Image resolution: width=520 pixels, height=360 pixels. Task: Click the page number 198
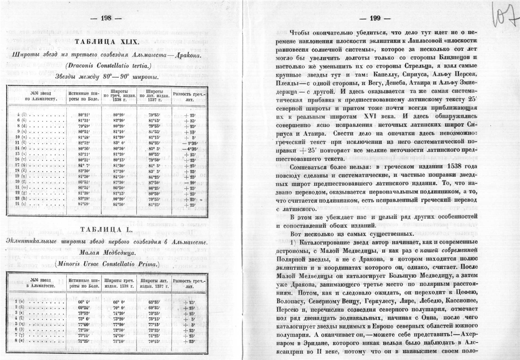pos(106,18)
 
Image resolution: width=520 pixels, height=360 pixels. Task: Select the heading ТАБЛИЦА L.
pos(106,229)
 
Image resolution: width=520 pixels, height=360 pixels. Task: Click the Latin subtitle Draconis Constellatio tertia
pos(106,65)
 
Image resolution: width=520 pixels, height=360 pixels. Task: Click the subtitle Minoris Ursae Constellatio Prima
pos(106,263)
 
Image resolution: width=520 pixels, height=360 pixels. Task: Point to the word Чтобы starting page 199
pos(300,32)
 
